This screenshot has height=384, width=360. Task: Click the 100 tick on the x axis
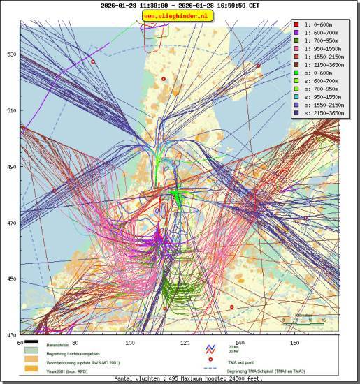tap(129, 343)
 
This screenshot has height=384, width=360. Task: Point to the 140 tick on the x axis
tap(240, 343)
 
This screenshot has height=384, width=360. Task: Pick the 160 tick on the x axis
tap(294, 343)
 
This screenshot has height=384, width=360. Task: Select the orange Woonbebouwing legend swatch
tap(31, 361)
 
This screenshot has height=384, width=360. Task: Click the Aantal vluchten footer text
tap(180, 378)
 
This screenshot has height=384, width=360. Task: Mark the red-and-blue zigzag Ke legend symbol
tap(209, 348)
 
